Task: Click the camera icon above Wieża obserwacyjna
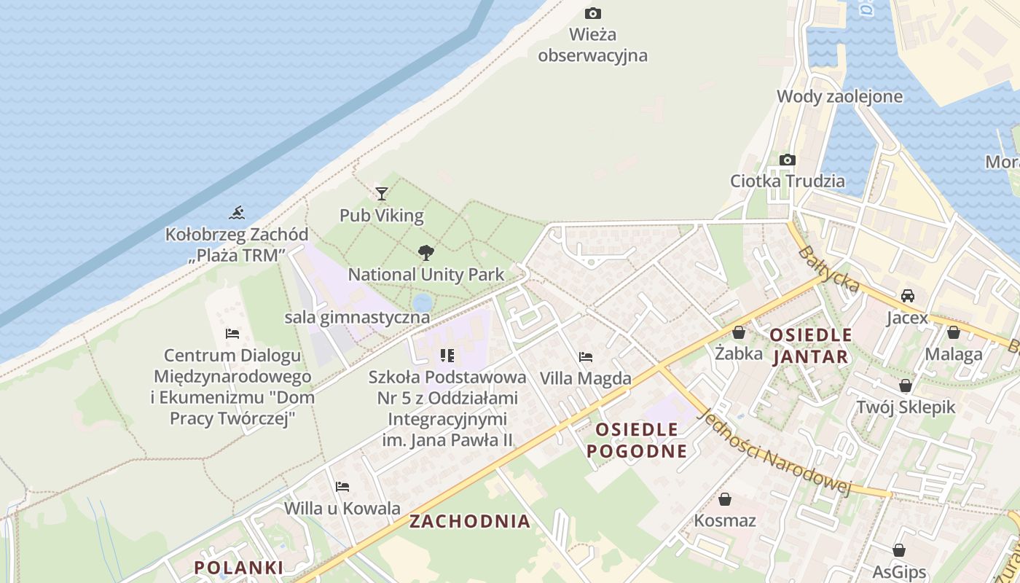click(593, 13)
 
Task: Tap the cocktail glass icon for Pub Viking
click(381, 193)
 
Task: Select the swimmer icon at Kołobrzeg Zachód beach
click(236, 213)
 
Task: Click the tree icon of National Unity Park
click(426, 253)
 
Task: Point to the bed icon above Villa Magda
click(585, 357)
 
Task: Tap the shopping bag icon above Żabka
click(739, 332)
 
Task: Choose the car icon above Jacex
click(907, 296)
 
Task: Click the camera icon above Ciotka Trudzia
click(787, 160)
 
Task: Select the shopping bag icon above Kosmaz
click(724, 499)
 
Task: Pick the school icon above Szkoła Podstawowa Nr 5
click(447, 356)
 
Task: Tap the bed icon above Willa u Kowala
click(342, 486)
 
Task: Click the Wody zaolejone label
click(829, 96)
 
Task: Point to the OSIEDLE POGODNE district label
click(637, 440)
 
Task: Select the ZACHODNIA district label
click(470, 521)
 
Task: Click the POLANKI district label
click(238, 567)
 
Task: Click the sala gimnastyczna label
click(357, 318)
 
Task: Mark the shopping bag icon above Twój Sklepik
click(905, 385)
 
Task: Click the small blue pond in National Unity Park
click(422, 302)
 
